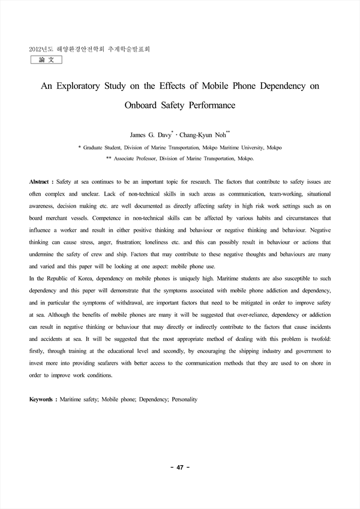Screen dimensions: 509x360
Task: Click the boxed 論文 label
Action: coord(46,61)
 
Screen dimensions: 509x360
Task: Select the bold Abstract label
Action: coord(40,181)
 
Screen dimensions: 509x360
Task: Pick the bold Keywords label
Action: coord(42,399)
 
